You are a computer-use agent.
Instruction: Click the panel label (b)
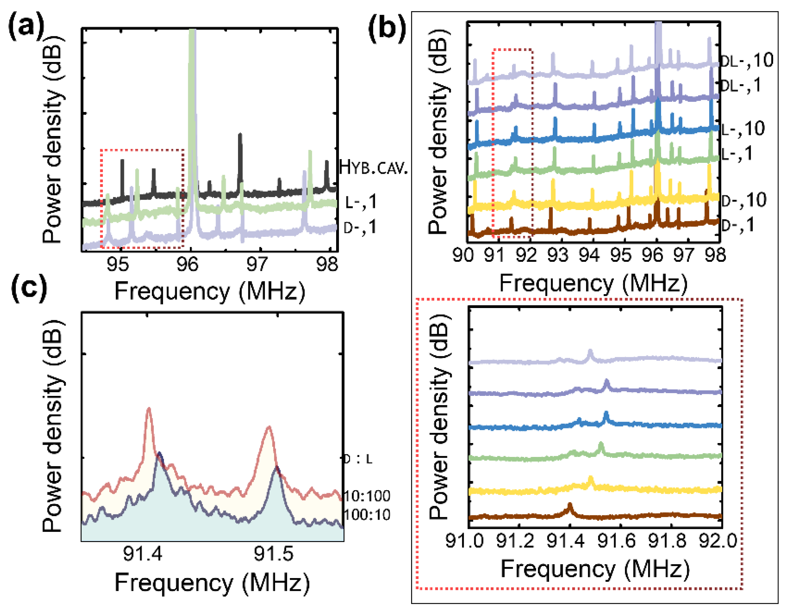click(386, 28)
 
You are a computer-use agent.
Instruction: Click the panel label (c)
click(29, 288)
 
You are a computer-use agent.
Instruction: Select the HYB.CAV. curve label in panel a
click(373, 168)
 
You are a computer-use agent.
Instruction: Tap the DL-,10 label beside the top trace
click(746, 61)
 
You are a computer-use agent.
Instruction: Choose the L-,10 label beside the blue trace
click(743, 129)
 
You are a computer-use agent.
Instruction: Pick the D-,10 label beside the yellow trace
click(744, 200)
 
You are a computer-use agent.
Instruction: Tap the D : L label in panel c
click(358, 459)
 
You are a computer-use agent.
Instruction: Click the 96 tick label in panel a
click(187, 265)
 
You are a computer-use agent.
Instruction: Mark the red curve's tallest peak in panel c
click(149, 409)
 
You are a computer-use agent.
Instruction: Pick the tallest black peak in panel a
click(240, 135)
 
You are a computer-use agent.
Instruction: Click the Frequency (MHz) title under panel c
click(212, 583)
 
